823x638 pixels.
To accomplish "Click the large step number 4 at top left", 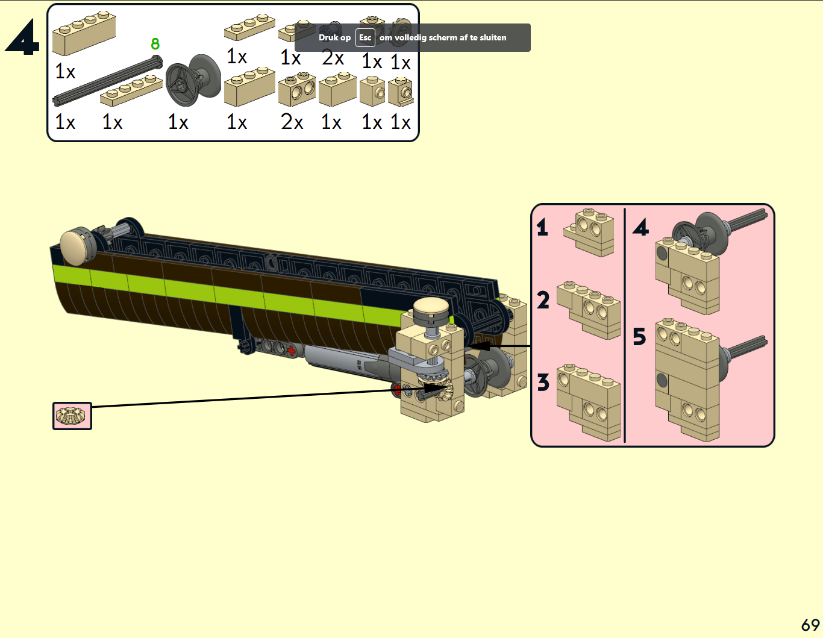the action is [22, 37].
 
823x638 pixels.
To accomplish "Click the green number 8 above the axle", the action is [155, 44].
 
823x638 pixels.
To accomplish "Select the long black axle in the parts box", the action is [108, 80].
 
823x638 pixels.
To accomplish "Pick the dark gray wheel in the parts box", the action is [193, 80].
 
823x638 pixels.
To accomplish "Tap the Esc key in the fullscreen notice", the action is [365, 37].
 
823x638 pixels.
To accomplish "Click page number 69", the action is [810, 625].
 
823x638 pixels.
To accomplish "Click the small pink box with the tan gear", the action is [72, 416].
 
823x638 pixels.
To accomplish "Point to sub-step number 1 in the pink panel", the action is [542, 227].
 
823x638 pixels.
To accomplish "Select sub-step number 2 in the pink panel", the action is [543, 300].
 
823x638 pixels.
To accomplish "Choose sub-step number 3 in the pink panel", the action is [543, 383].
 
